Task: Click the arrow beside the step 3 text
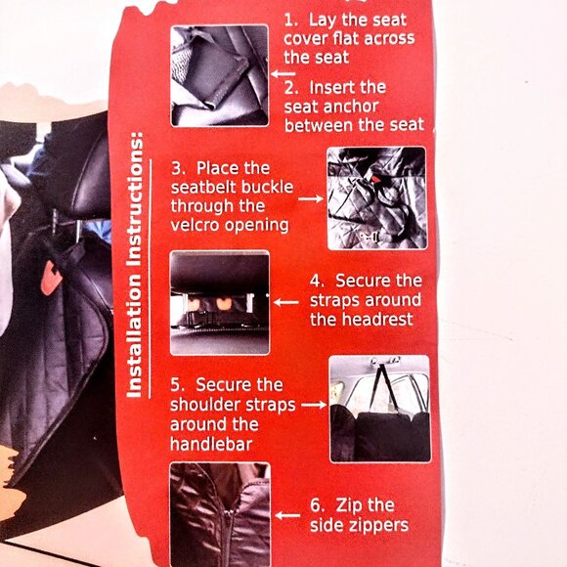(x=311, y=197)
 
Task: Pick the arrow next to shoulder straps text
(x=312, y=404)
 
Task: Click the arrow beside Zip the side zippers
(x=286, y=515)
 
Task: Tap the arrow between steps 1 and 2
(x=283, y=73)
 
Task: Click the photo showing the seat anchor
(x=219, y=75)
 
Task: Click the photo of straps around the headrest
(x=219, y=302)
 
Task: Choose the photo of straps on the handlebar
(x=378, y=409)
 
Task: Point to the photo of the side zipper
(x=219, y=513)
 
